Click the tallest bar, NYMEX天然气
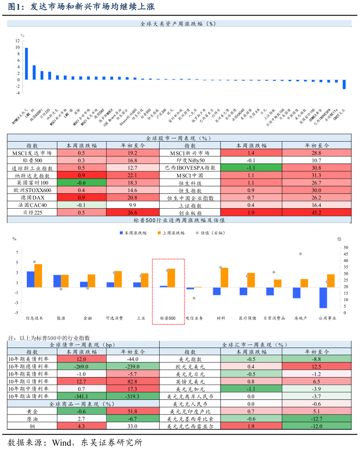26,63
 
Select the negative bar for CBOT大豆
344,84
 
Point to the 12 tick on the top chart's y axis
17,40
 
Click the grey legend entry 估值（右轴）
208,233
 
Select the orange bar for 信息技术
38,276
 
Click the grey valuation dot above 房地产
301,254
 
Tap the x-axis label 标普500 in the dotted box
168,318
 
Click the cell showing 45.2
316,213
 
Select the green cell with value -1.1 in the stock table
251,168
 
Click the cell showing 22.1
132,175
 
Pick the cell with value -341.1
81,396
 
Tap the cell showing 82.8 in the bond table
132,381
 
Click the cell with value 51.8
132,411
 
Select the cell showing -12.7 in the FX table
316,419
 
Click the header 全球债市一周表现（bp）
83,344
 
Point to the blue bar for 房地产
296,293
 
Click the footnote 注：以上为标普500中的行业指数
49,338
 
